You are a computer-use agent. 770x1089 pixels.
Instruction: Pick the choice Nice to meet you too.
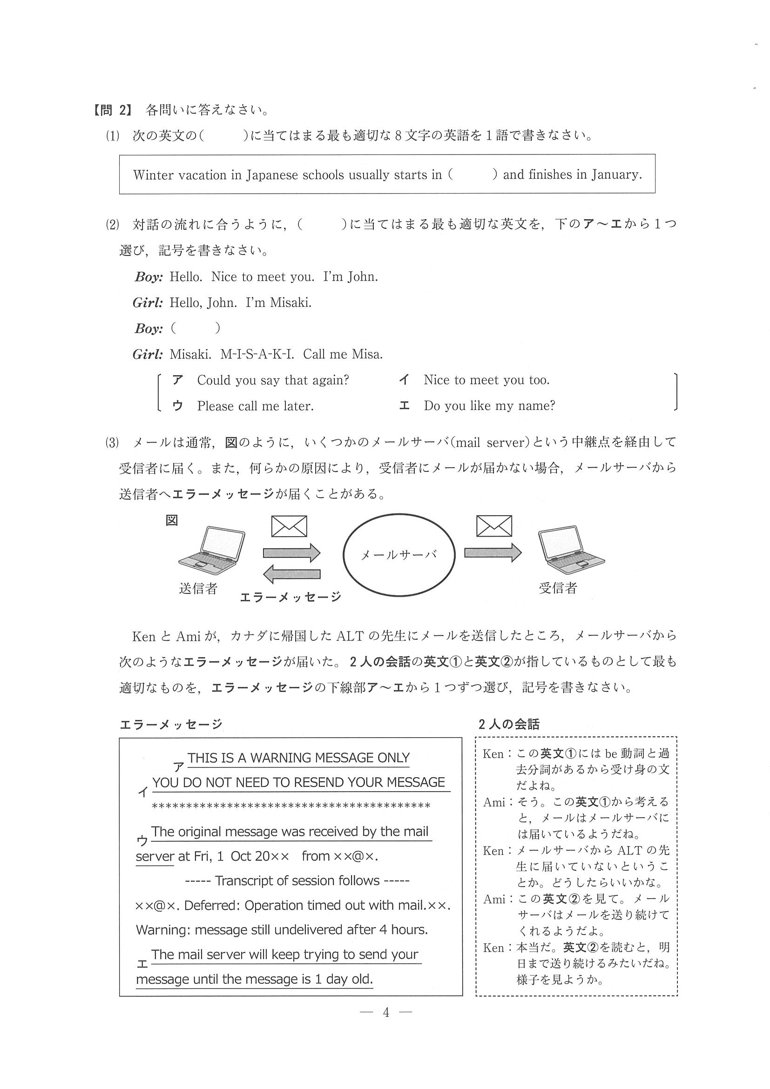pos(486,380)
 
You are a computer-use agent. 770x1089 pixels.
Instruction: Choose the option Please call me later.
pos(255,406)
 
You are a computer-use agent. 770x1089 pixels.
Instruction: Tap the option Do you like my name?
pos(489,406)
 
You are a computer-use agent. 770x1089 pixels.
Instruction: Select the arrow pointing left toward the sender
pos(291,574)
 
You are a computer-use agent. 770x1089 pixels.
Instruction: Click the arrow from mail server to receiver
pos(493,552)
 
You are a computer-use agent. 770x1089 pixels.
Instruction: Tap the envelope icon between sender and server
pos(289,526)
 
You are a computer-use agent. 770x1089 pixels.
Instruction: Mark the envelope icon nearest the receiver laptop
pos(494,525)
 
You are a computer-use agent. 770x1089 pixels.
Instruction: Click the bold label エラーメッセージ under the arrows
pos(290,597)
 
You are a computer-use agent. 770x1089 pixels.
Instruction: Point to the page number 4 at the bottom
pos(386,1013)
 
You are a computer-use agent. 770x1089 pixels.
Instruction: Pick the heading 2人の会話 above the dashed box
pos(508,724)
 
